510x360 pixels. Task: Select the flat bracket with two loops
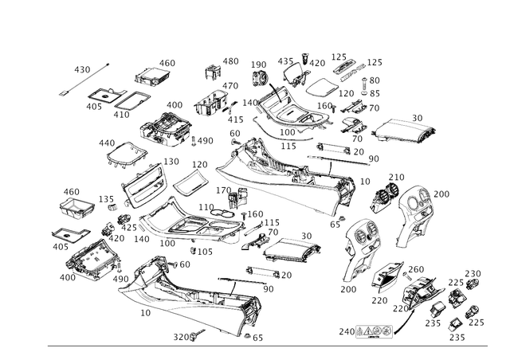(111, 100)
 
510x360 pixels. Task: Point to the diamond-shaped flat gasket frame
(121, 154)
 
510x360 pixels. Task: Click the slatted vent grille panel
(144, 186)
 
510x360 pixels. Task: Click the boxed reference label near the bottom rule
(375, 331)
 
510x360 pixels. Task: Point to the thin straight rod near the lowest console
(247, 280)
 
